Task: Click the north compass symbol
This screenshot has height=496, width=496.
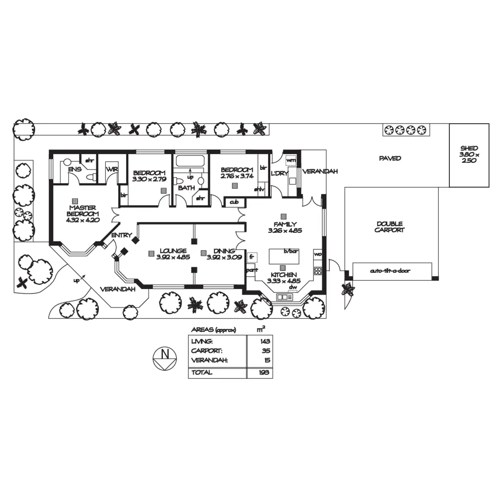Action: pos(165,358)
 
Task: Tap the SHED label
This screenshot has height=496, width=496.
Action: pos(469,148)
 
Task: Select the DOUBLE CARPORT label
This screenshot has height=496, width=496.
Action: pos(389,227)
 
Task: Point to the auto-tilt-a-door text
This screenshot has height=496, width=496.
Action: pos(390,270)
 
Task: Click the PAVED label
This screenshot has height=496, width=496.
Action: pos(390,158)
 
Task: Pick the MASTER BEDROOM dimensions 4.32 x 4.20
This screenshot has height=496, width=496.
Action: pos(83,220)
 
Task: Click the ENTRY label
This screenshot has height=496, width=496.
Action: pos(122,235)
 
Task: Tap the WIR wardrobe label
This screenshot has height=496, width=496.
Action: pos(112,169)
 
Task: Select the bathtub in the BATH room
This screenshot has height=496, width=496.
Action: pos(190,161)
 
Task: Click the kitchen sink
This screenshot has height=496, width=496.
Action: pos(284,297)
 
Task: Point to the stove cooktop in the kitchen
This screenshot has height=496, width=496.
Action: pos(318,270)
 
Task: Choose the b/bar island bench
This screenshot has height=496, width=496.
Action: pos(284,256)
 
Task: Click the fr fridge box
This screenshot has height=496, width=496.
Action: pos(252,257)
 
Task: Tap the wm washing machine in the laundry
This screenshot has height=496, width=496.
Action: pos(291,161)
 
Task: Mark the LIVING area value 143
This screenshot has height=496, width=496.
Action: pos(265,341)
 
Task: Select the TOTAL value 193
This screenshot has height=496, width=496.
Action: pos(264,372)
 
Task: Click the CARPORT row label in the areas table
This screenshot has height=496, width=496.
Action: pos(207,351)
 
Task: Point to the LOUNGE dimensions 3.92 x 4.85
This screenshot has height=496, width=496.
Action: pos(173,257)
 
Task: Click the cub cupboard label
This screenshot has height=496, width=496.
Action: pos(234,202)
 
